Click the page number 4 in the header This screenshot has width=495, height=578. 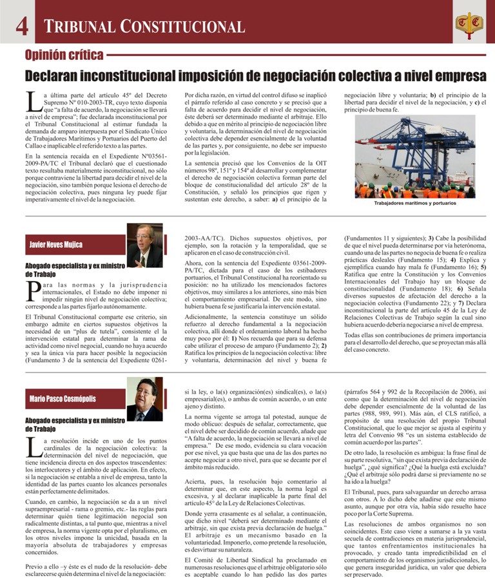tap(21, 26)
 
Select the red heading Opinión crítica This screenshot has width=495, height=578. tap(63, 54)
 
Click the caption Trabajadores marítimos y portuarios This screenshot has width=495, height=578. tap(415, 203)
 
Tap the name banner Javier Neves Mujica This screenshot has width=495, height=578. tap(56, 245)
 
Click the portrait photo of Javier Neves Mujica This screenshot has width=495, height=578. tap(145, 245)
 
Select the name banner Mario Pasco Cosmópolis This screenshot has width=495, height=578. tap(62, 399)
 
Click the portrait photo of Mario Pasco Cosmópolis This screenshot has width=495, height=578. tap(145, 399)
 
